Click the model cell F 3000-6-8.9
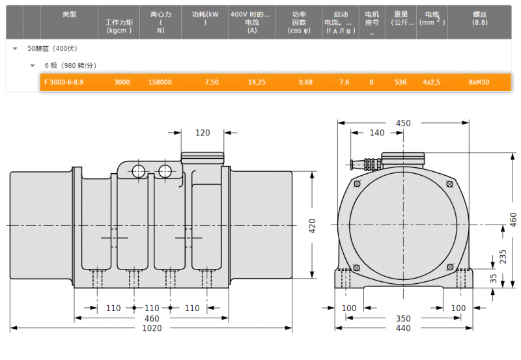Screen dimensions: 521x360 64,83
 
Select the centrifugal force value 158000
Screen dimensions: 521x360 160,83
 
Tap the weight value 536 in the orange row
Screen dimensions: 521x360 401,83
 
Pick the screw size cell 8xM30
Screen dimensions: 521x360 479,83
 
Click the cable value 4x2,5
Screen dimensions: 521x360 431,83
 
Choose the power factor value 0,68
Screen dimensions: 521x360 305,83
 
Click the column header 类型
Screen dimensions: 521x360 69,14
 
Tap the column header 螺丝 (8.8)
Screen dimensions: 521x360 480,18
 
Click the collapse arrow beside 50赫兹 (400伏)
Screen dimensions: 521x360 15,49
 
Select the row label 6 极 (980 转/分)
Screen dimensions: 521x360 70,65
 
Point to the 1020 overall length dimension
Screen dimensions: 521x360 152,328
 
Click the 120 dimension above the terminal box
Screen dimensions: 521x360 203,133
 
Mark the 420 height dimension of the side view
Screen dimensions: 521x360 313,226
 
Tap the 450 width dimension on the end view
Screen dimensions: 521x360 403,123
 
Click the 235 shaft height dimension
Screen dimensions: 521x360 503,256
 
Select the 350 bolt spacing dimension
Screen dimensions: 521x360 403,318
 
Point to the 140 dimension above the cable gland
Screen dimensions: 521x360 377,133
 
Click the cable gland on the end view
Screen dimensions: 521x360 365,164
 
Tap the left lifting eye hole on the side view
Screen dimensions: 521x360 138,172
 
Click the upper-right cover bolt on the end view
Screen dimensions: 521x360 449,184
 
